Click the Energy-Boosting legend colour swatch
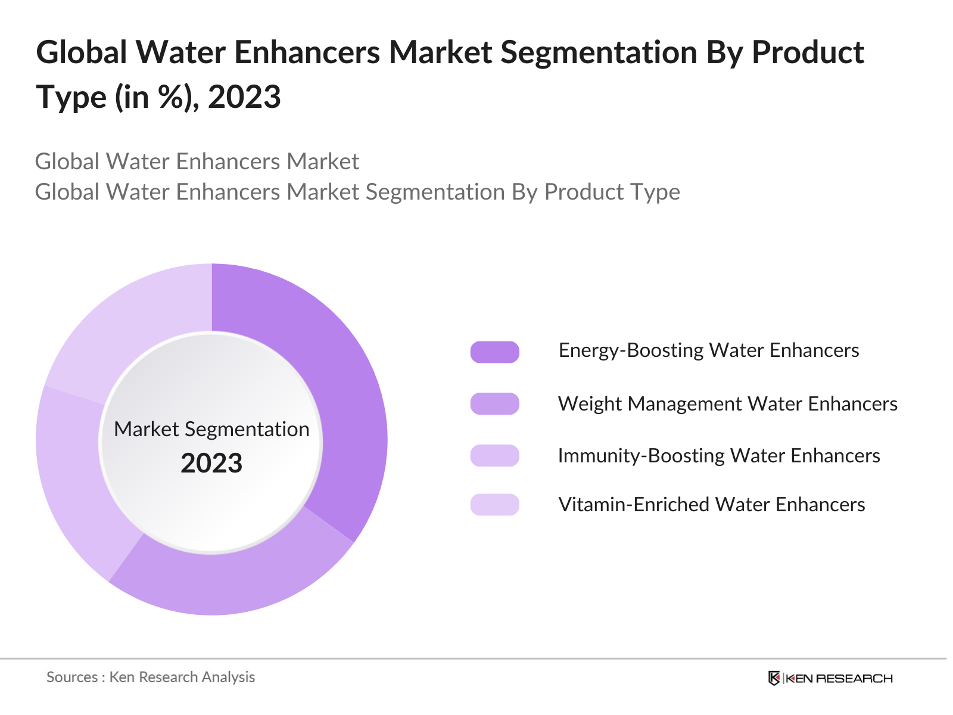coord(494,352)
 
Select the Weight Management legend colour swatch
coord(494,404)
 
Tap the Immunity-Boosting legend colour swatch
coord(494,456)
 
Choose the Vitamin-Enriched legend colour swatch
coord(494,505)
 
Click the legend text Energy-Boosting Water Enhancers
coord(708,350)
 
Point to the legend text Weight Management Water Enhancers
coord(727,404)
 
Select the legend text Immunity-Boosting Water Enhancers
coord(718,456)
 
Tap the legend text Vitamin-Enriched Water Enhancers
coord(711,505)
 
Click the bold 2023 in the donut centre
coord(211,464)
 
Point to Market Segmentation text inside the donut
coord(211,429)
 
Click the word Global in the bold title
coord(82,52)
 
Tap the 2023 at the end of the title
coord(244,97)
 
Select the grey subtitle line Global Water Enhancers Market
coord(197,161)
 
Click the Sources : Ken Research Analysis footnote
coord(151,677)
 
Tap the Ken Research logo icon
coord(774,678)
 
